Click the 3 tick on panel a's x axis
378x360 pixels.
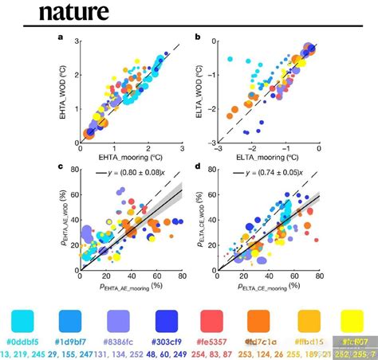[182, 148]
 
